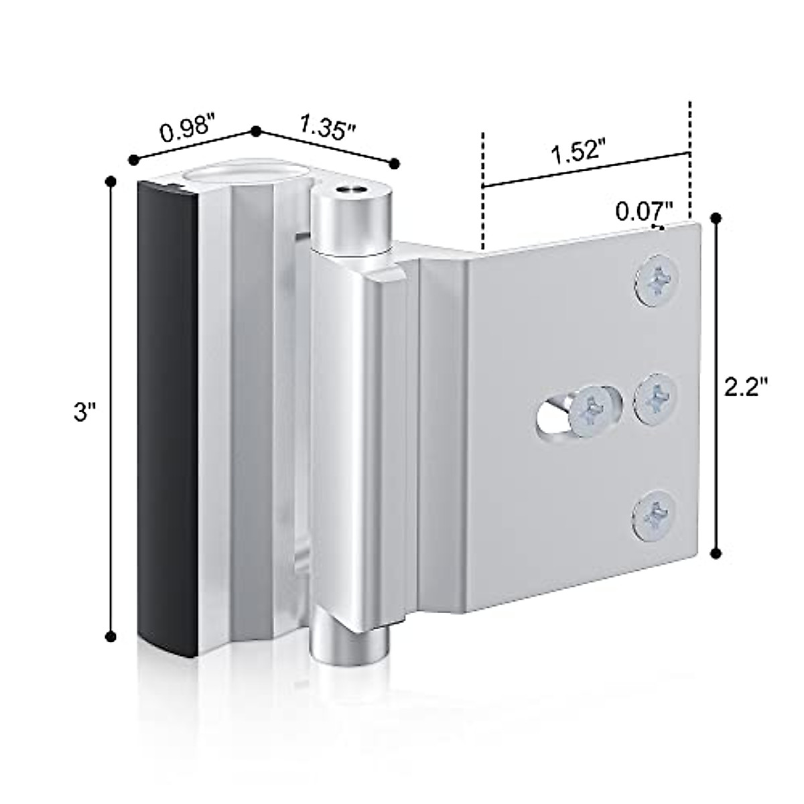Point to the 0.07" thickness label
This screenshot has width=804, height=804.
tap(644, 212)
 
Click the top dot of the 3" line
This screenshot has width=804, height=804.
tap(112, 181)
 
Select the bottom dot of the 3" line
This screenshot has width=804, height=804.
tap(112, 636)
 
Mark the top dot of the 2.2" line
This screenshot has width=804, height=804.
tap(717, 218)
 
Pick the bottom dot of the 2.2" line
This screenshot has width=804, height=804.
tap(717, 553)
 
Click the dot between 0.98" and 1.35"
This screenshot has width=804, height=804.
tap(255, 131)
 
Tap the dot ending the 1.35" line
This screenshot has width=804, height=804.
tap(395, 163)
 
